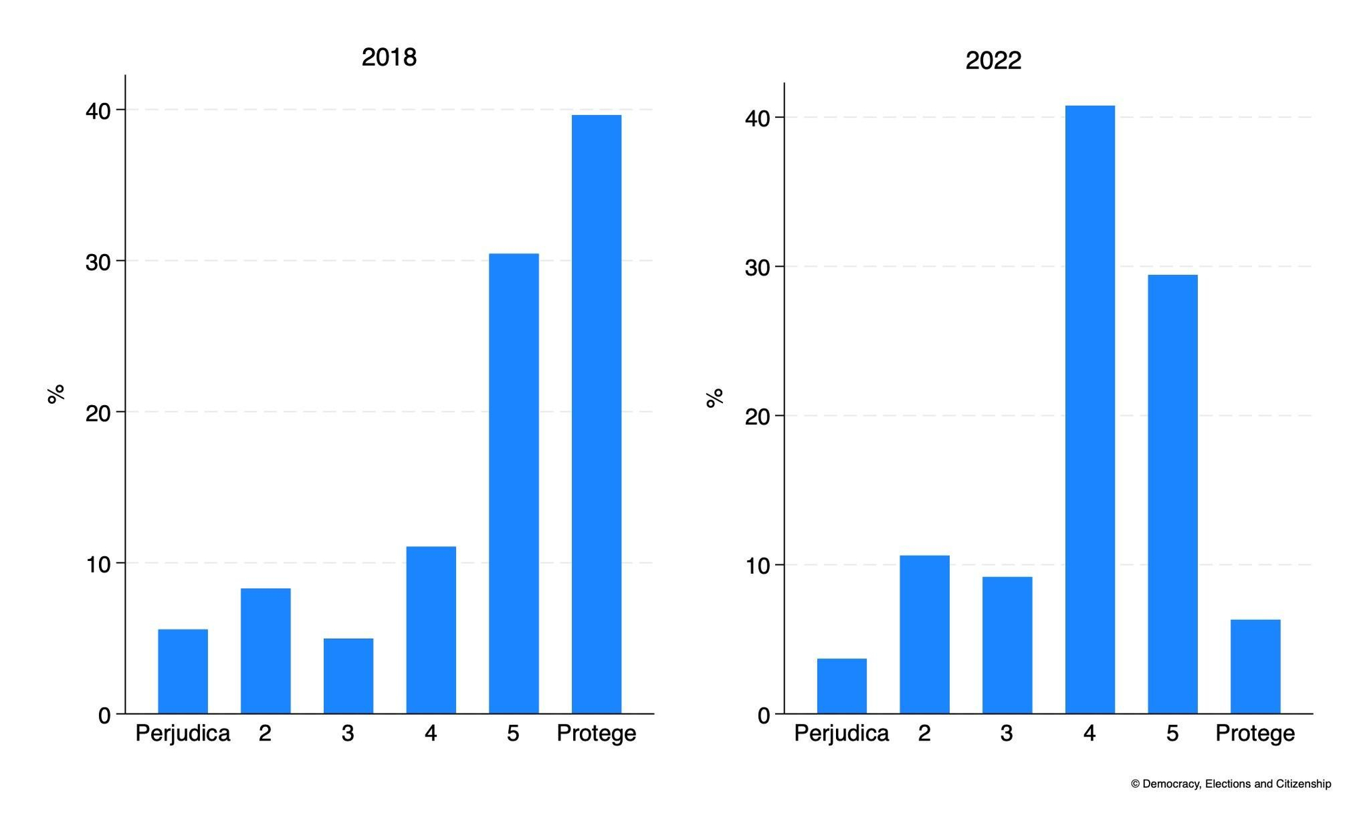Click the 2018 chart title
click(389, 57)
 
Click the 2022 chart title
click(993, 61)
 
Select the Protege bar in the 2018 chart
click(596, 414)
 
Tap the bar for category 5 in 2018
click(514, 483)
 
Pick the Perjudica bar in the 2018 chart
click(183, 671)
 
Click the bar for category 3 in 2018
click(348, 675)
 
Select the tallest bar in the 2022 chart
click(1089, 409)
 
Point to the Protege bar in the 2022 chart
click(1255, 666)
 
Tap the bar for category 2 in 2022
click(924, 634)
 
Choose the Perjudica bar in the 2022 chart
click(841, 686)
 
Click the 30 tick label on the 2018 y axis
click(98, 262)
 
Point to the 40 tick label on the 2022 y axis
click(757, 119)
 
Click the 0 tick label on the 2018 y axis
click(104, 715)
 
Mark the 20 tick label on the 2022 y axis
click(757, 417)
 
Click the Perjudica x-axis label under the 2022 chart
click(841, 733)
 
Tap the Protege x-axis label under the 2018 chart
click(596, 733)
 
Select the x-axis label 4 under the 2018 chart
click(430, 733)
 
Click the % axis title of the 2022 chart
click(715, 398)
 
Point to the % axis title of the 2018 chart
click(56, 393)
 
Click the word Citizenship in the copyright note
click(1304, 784)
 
